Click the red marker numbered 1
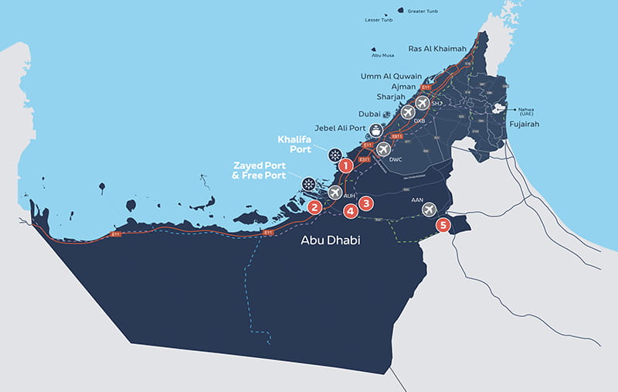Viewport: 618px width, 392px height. point(346,165)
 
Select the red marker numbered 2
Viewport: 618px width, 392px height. point(314,207)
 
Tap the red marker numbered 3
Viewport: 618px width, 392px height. point(367,203)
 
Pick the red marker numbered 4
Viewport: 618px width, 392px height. point(351,210)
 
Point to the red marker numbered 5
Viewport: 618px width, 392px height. point(442,225)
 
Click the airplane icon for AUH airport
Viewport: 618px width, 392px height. point(335,192)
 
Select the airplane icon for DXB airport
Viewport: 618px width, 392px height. point(408,113)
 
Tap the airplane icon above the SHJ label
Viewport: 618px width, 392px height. point(423,101)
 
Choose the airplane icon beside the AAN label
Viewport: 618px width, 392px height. point(430,209)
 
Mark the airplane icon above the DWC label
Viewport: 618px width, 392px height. point(382,148)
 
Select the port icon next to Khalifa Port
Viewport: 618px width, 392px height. point(334,155)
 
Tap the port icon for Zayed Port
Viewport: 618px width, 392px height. point(308,184)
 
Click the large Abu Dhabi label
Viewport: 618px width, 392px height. point(330,241)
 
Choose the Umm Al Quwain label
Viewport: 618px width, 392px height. point(392,76)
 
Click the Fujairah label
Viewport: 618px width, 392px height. point(524,124)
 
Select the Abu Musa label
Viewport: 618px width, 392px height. point(382,56)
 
